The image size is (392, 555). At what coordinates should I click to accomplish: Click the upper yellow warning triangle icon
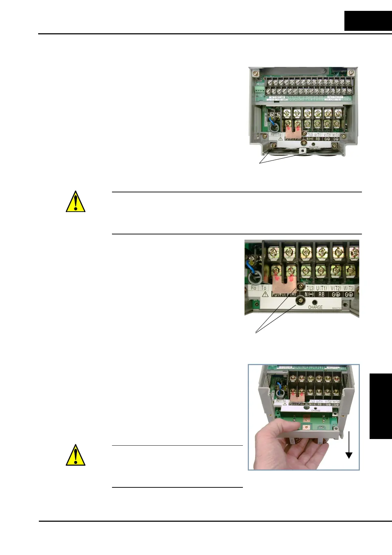pyautogui.click(x=76, y=202)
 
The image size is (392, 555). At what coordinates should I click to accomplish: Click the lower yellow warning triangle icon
pyautogui.click(x=76, y=455)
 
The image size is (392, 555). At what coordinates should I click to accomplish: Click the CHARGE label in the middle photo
pyautogui.click(x=315, y=307)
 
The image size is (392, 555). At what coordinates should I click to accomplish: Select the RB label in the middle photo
pyautogui.click(x=322, y=295)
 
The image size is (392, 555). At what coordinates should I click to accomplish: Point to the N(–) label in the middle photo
pyautogui.click(x=309, y=295)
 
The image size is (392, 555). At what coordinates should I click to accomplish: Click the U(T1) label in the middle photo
pyautogui.click(x=321, y=288)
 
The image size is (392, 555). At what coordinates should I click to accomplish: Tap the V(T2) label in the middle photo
pyautogui.click(x=336, y=288)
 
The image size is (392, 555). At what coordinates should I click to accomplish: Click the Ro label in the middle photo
pyautogui.click(x=253, y=288)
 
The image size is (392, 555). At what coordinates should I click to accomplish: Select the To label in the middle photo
pyautogui.click(x=264, y=288)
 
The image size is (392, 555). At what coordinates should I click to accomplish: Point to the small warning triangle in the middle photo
pyautogui.click(x=265, y=294)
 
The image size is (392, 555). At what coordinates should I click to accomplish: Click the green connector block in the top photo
pyautogui.click(x=259, y=91)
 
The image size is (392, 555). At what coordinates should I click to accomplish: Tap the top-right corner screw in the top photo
pyautogui.click(x=350, y=72)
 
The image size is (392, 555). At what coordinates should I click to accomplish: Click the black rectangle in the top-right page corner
pyautogui.click(x=368, y=21)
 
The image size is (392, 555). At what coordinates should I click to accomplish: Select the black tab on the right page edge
pyautogui.click(x=380, y=406)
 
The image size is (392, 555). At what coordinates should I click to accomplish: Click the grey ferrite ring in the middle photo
pyautogui.click(x=254, y=278)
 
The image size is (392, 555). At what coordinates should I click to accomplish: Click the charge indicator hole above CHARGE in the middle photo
pyautogui.click(x=315, y=302)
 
